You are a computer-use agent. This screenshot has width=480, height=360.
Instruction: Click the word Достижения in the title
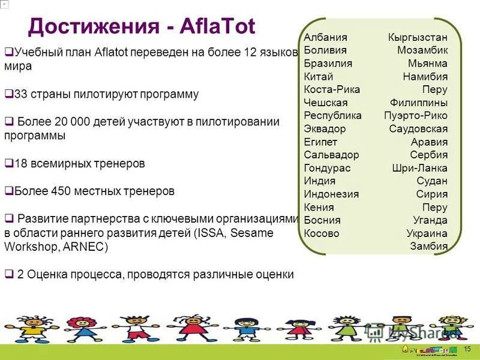tap(91, 27)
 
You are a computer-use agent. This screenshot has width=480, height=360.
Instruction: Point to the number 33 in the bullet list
tap(20, 94)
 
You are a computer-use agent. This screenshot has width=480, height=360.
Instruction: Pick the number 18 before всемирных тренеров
tap(20, 163)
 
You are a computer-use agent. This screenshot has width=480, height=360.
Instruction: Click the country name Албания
tap(326, 37)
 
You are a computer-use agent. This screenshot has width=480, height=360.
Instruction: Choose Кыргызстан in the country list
tap(418, 37)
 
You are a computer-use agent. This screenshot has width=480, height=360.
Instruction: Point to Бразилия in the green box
tap(328, 64)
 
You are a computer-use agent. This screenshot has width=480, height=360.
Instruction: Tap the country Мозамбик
tap(422, 50)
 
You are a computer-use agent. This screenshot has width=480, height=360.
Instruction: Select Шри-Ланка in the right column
tap(419, 168)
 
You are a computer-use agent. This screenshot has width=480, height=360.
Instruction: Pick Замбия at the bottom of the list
tap(428, 246)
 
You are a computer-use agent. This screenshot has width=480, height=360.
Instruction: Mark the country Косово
tap(322, 233)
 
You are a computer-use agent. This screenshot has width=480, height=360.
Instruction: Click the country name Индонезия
tap(331, 194)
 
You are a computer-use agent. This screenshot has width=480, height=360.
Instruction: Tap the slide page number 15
tap(468, 349)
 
